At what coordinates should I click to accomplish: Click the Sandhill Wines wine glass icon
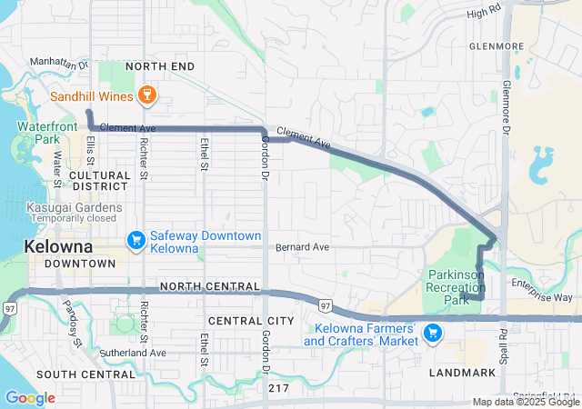145,95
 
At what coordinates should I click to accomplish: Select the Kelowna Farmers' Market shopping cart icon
433,334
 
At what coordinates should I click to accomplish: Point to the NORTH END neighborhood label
160,67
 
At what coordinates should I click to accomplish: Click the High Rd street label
483,14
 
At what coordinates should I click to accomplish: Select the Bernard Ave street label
303,246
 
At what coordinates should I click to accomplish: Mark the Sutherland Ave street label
133,353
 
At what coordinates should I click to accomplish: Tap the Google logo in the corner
29,398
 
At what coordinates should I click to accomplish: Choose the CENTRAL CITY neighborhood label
251,321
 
